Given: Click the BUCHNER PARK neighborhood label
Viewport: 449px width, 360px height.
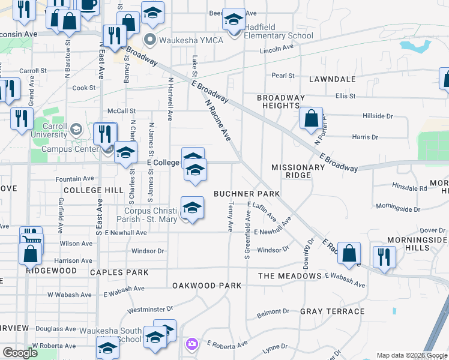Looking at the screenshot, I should [x=247, y=194].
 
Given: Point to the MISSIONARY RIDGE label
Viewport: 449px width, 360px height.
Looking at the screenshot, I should [x=291, y=171].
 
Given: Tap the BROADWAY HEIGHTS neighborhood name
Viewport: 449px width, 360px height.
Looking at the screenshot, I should [x=281, y=101].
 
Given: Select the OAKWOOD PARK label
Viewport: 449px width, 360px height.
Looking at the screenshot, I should [x=206, y=286].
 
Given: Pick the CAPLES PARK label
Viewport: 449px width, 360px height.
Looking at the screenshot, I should [x=119, y=272].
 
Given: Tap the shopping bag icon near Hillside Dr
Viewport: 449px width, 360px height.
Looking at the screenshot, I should [x=312, y=119].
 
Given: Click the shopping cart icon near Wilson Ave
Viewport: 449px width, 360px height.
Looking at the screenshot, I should [x=31, y=238].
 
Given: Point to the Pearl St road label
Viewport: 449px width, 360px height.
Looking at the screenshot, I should [x=283, y=76].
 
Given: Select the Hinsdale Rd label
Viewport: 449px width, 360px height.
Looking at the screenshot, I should [x=409, y=188].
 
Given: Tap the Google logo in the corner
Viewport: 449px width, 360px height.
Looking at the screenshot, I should [x=20, y=353].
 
